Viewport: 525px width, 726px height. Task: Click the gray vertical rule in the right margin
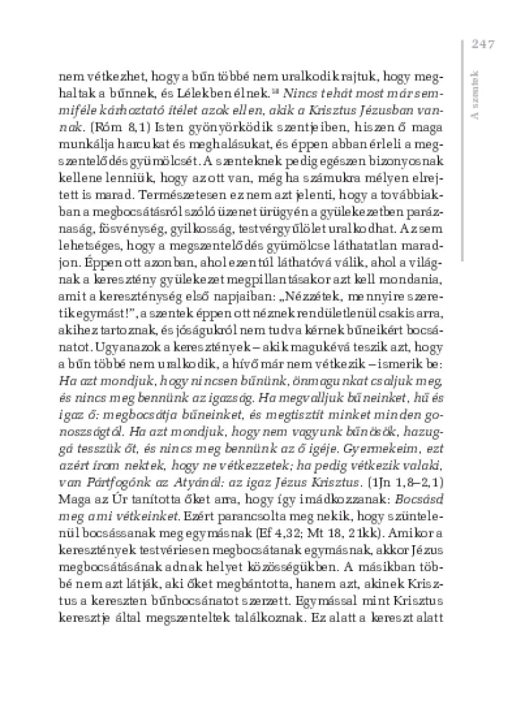[461, 151]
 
